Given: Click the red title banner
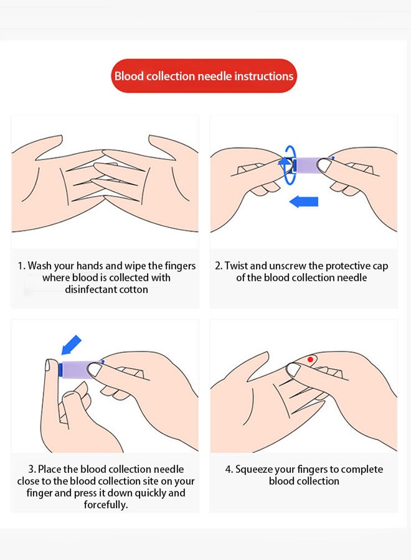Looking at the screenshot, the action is point(204,76).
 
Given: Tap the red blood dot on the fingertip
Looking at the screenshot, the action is point(310,359).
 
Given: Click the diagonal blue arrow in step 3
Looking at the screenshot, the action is point(71,345).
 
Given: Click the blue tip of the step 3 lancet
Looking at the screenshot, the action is point(60,369).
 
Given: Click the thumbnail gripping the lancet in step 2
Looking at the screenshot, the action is point(324,166).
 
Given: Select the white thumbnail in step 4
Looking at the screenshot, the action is point(293,369).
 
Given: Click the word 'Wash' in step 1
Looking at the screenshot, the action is point(40,266).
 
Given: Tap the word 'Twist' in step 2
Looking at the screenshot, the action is point(236,266).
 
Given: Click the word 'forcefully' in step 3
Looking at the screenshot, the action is point(105,505).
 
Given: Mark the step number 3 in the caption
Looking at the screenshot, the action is point(31,469).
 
